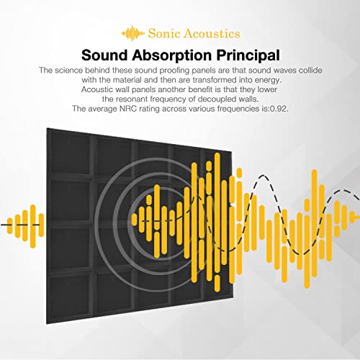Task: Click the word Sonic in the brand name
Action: click(163, 33)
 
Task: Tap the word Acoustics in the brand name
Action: click(209, 33)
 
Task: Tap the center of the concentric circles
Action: click(142, 216)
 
